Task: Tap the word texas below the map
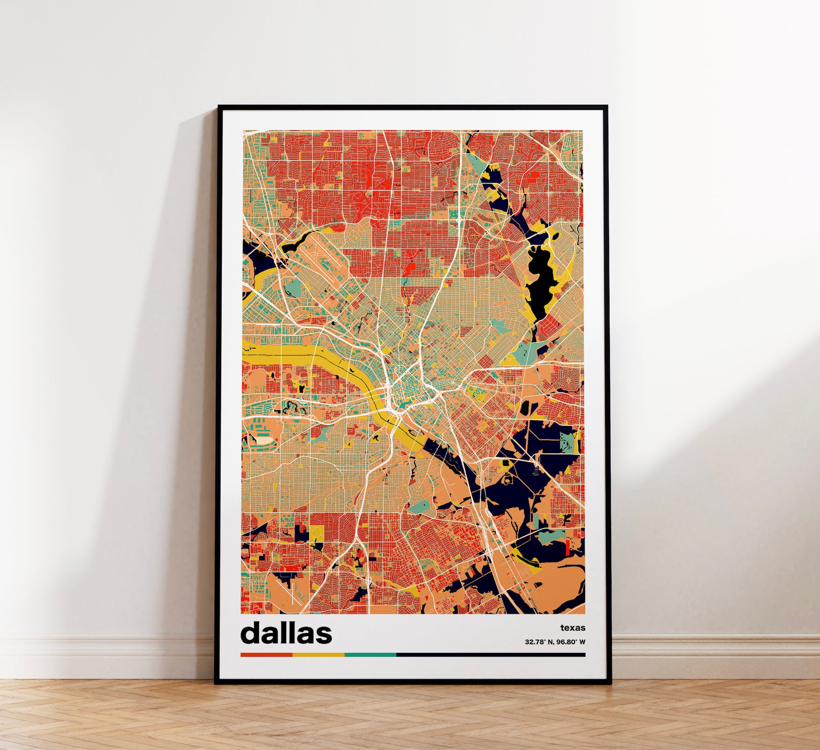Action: pos(573,628)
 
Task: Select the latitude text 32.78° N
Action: pos(539,642)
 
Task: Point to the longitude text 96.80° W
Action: pos(571,642)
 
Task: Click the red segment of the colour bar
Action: pos(266,654)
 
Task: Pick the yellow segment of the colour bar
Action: pos(318,654)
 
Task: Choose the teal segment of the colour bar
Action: pos(370,654)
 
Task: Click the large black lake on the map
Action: pos(539,281)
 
